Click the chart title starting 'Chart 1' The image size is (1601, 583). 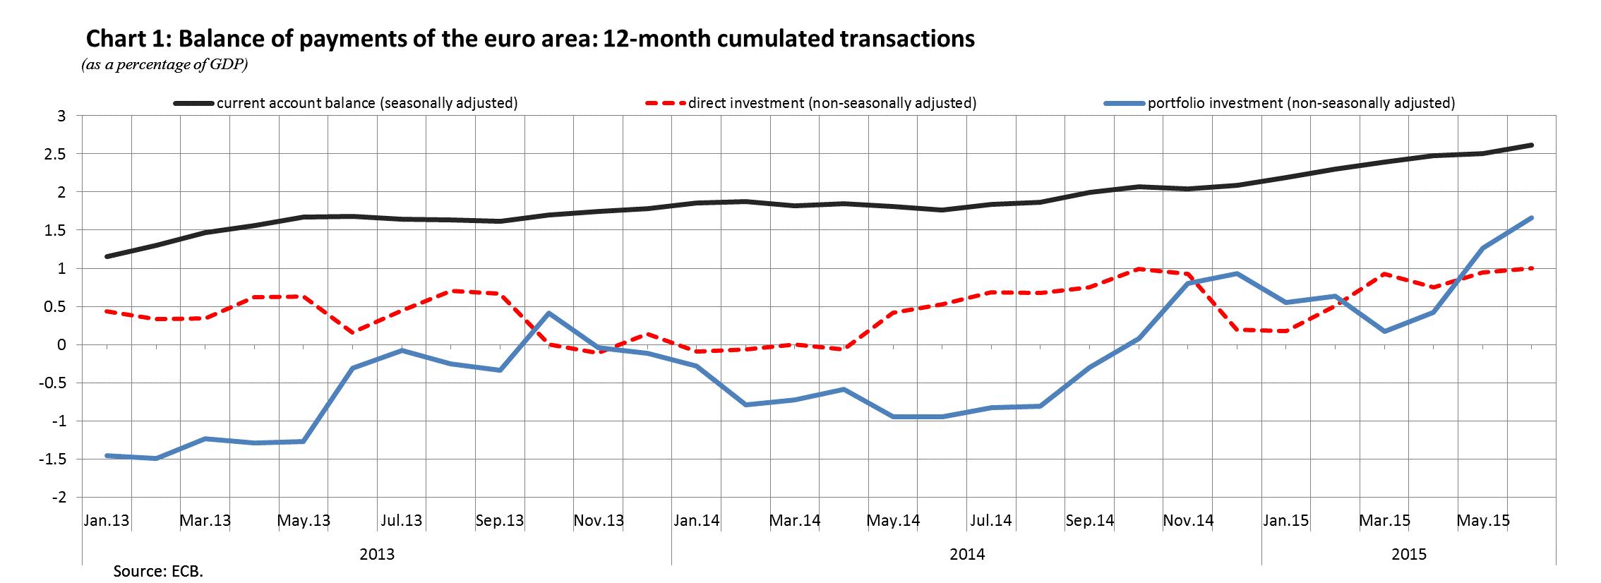(x=529, y=39)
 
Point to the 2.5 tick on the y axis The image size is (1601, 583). (x=57, y=154)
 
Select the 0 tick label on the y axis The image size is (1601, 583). (x=61, y=345)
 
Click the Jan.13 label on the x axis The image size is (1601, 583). (x=107, y=521)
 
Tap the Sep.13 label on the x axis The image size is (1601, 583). (x=500, y=521)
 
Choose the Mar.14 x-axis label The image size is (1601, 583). (x=795, y=521)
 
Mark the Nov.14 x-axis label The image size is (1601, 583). (x=1188, y=521)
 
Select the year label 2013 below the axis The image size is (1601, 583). (x=377, y=554)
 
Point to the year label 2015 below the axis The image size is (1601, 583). (x=1409, y=554)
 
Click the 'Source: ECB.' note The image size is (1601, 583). (x=158, y=571)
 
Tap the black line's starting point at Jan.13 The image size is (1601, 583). (x=107, y=256)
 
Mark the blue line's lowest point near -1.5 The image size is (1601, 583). (x=156, y=458)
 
